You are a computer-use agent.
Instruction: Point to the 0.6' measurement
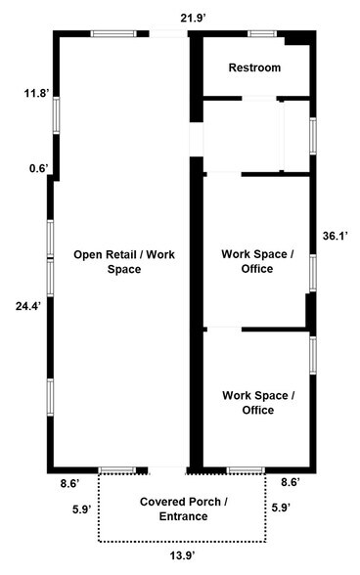coord(37,168)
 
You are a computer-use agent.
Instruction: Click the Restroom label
coord(254,67)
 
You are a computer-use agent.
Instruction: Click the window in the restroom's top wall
coord(262,34)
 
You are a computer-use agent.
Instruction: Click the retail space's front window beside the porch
coord(118,470)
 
